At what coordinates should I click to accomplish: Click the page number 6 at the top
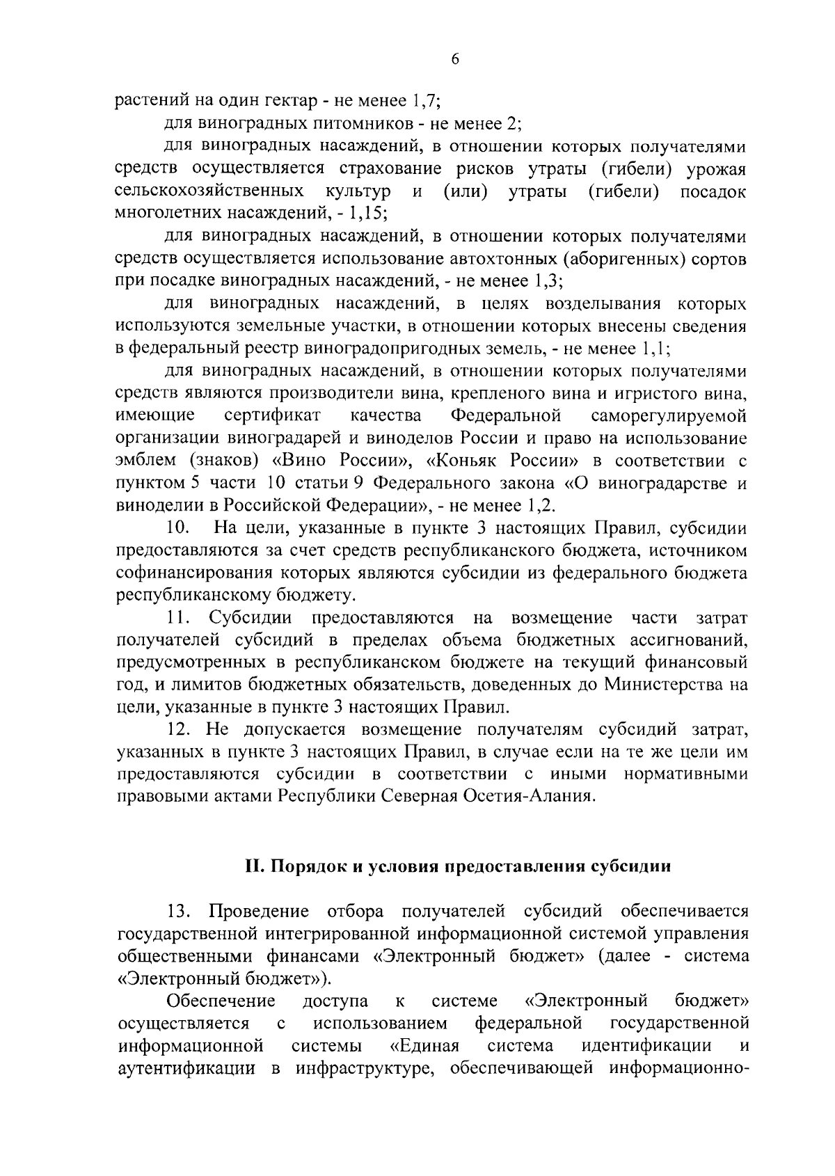click(455, 60)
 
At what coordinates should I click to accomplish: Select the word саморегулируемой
click(669, 416)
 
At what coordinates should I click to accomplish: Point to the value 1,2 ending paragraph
click(543, 505)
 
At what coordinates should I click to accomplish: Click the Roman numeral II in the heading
click(252, 867)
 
